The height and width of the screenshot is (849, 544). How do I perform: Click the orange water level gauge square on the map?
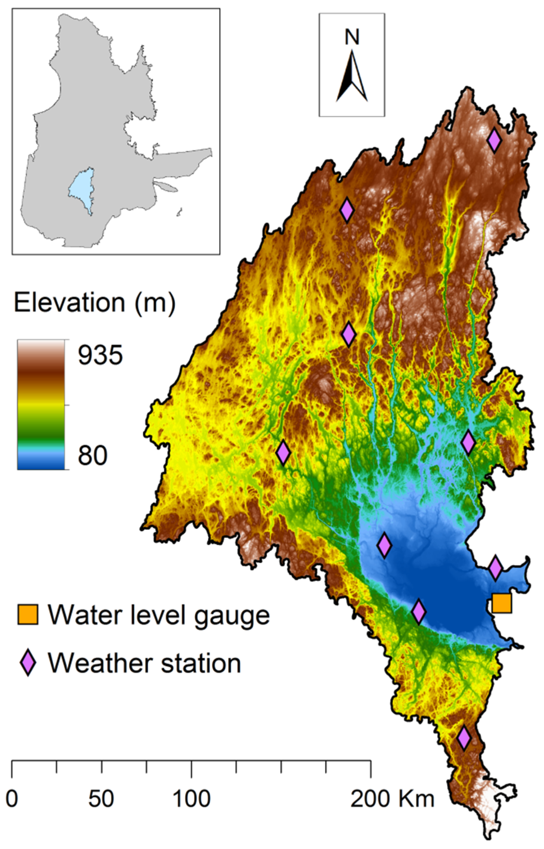pyautogui.click(x=502, y=603)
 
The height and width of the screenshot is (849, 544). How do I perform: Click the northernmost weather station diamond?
pyautogui.click(x=494, y=140)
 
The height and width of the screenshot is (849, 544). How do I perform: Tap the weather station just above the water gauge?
pyautogui.click(x=495, y=568)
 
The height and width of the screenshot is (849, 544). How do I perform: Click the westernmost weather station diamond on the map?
pyautogui.click(x=283, y=452)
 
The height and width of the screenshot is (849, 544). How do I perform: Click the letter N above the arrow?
pyautogui.click(x=352, y=37)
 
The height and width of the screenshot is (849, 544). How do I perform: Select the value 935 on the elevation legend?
pyautogui.click(x=100, y=355)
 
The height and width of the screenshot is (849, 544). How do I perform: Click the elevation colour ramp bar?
pyautogui.click(x=41, y=404)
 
